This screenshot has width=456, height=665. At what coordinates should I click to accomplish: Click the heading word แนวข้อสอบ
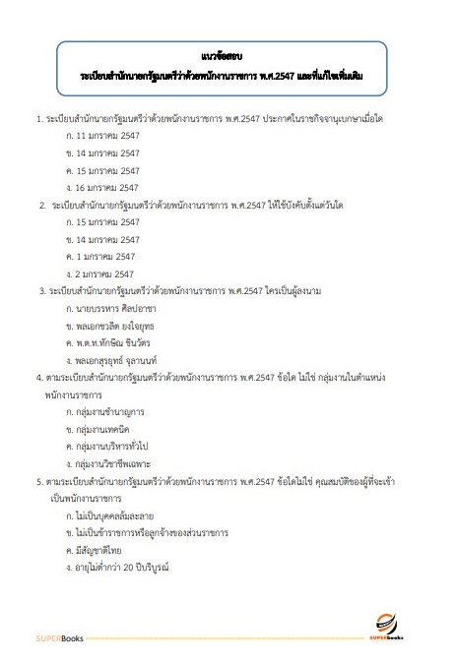(x=228, y=55)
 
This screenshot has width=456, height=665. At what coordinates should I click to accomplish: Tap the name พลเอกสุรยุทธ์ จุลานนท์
(x=119, y=359)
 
